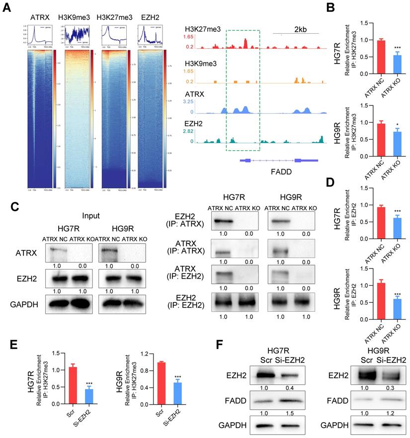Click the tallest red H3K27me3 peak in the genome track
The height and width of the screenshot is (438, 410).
tap(246, 43)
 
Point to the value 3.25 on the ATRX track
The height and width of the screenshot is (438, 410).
tap(191, 101)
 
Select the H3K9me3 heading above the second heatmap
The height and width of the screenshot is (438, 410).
tap(71, 17)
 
